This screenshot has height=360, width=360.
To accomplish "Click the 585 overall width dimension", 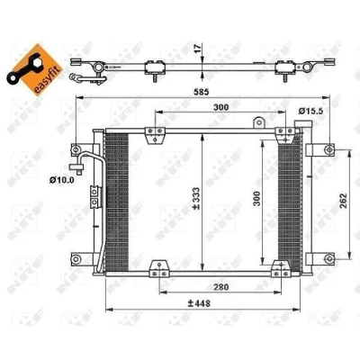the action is (201, 92).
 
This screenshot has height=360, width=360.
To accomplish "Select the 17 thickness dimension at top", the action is (197, 49).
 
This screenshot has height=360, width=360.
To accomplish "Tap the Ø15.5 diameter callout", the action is (310, 111).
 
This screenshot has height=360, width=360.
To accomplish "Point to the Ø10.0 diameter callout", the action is (62, 180).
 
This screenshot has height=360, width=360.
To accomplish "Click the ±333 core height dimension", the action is (196, 199).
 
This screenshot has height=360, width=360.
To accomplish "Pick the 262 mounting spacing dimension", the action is (343, 201).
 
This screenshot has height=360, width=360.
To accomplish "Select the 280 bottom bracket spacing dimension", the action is (221, 287).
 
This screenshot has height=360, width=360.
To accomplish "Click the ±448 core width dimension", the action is (199, 303).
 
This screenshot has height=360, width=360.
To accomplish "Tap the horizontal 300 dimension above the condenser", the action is (220, 107).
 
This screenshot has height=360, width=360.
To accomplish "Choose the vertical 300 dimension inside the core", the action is (256, 199).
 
